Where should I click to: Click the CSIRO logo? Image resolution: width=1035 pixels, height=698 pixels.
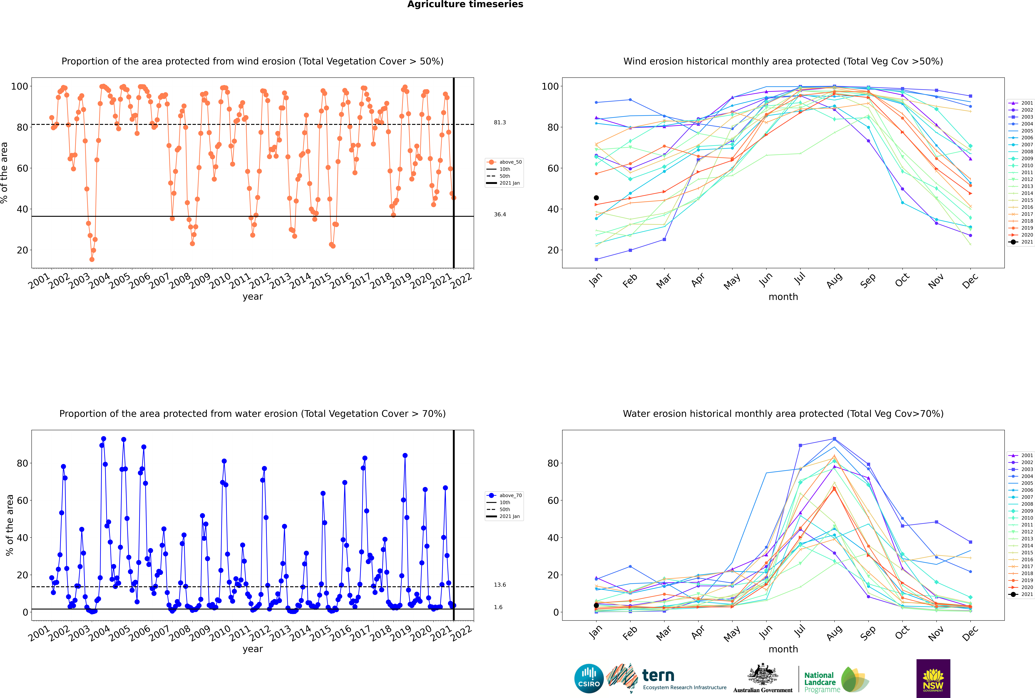589,678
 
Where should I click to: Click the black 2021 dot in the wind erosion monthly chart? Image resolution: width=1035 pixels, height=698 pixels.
596,198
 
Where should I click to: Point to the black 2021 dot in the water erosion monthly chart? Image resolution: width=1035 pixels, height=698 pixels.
596,605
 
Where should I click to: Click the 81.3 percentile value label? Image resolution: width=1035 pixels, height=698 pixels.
500,122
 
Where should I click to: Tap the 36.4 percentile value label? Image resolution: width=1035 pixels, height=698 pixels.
500,215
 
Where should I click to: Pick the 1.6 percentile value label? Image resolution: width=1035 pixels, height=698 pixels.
498,607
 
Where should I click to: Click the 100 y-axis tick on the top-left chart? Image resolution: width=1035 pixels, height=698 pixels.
19,86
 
